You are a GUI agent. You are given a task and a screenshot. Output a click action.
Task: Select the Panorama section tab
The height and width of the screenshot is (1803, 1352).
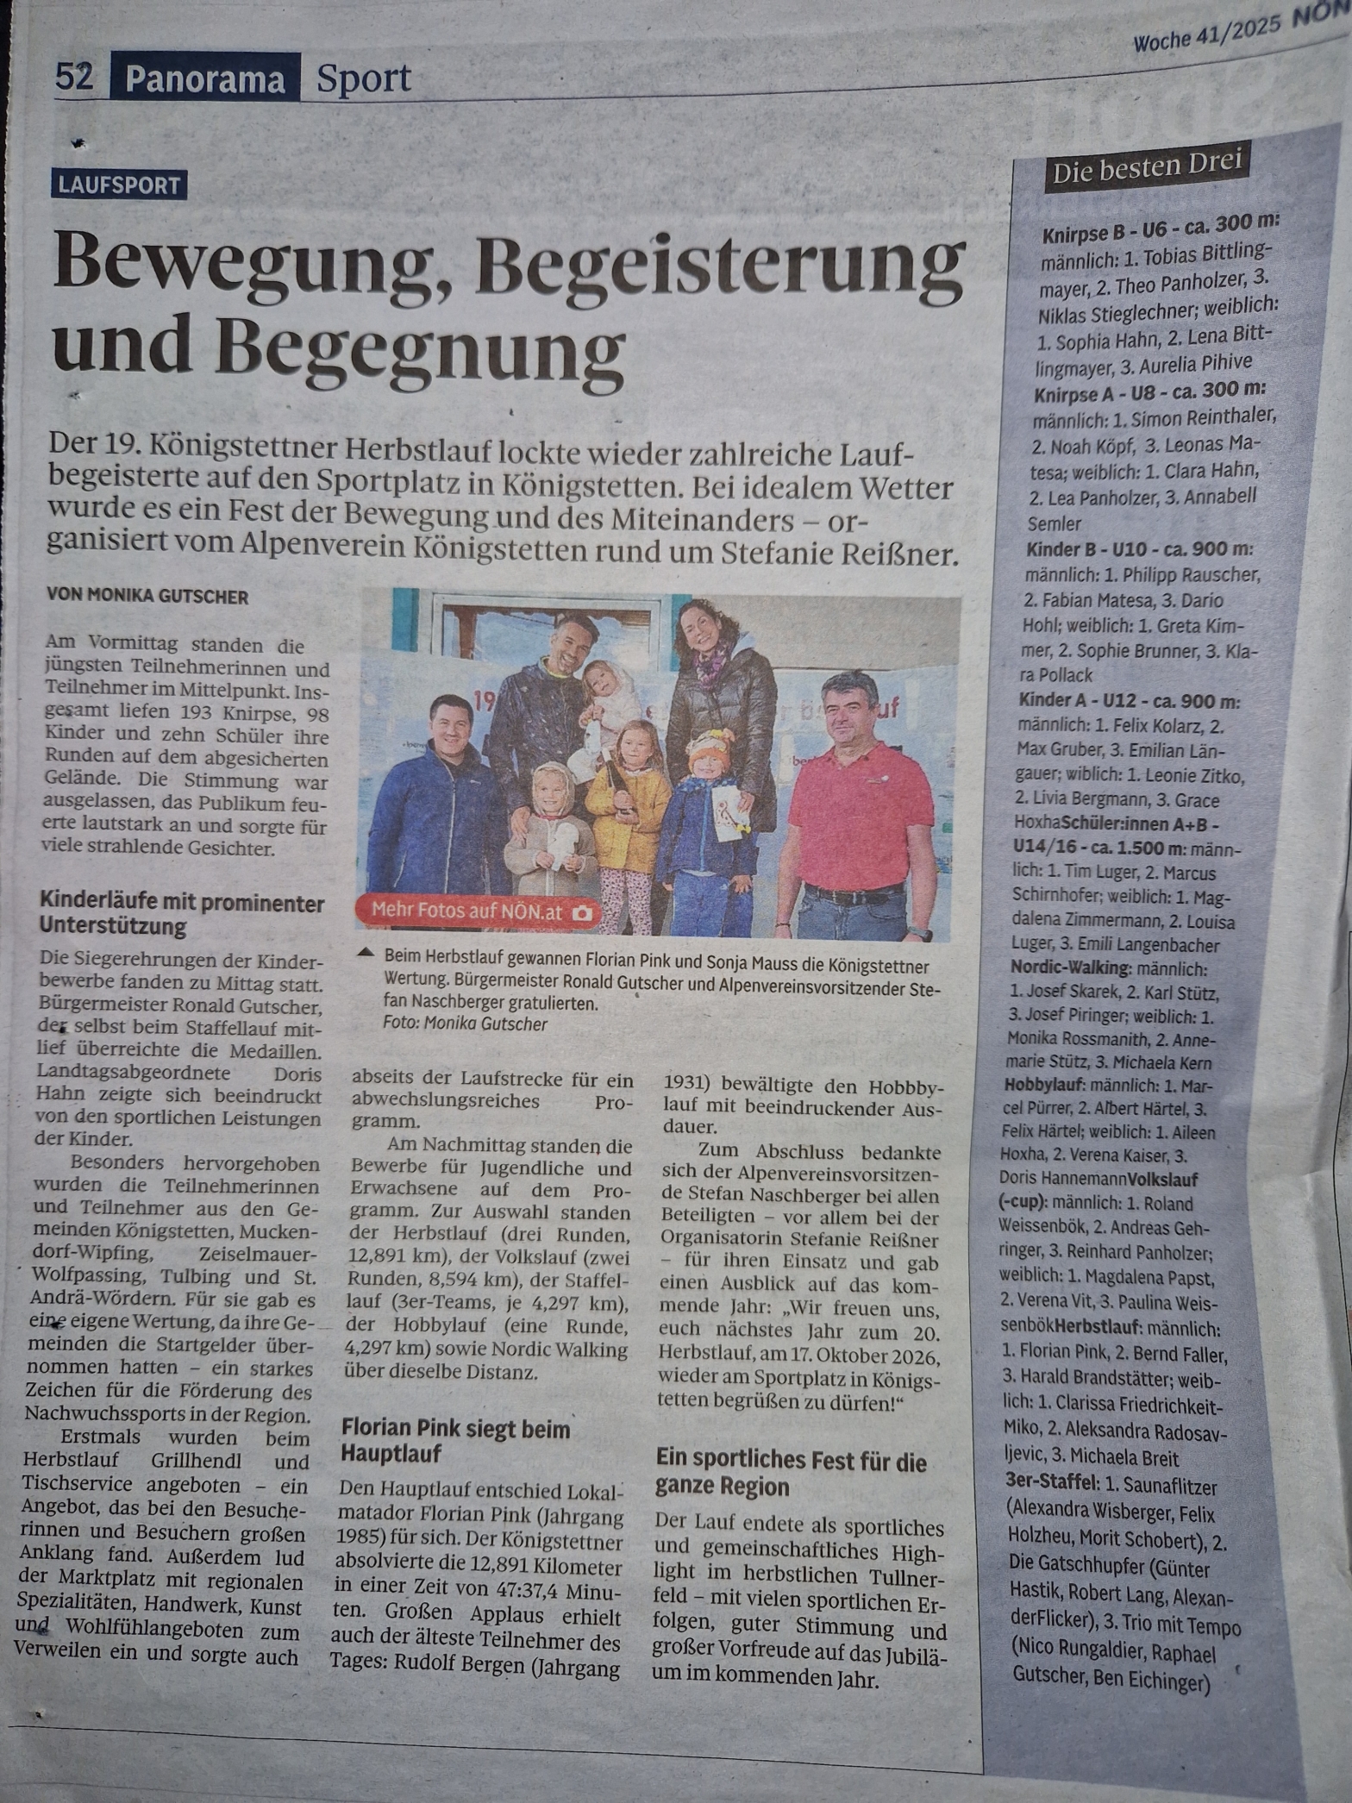(x=205, y=79)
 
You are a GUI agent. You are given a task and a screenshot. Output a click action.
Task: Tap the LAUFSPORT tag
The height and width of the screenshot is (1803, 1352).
(x=119, y=185)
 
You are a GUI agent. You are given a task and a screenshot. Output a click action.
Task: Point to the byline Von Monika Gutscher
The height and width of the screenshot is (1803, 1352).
(x=147, y=597)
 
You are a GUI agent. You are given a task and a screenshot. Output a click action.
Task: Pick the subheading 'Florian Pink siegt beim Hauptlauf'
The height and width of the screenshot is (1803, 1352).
(x=455, y=1441)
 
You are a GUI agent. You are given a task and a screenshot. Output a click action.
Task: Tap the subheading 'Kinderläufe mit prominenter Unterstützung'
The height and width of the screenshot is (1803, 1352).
(x=182, y=915)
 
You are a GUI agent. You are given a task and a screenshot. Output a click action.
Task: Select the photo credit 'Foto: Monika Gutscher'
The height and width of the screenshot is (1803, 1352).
(x=466, y=1024)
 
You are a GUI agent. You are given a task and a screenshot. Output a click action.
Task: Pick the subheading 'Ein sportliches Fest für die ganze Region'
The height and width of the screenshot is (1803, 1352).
(x=791, y=1474)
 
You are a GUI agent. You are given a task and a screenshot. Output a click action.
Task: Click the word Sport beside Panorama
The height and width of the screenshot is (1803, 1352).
(x=363, y=79)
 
